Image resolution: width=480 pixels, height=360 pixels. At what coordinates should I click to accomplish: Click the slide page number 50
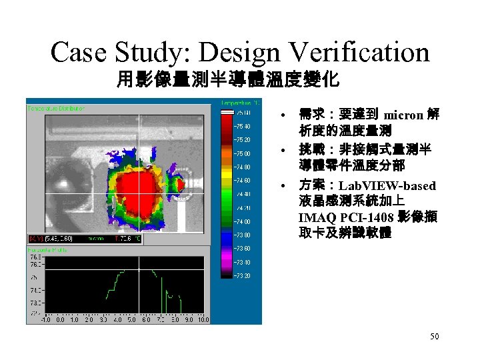click(x=434, y=337)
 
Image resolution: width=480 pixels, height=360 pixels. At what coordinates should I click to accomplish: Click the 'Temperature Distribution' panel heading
click(x=56, y=107)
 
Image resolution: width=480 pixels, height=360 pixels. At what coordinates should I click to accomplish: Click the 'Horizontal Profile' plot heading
click(x=47, y=249)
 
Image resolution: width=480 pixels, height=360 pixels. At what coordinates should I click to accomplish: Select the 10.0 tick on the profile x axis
click(x=203, y=320)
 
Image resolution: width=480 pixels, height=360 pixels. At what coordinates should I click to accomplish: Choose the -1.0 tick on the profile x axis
click(x=46, y=320)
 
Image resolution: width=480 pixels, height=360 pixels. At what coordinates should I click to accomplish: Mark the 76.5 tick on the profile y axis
click(x=33, y=255)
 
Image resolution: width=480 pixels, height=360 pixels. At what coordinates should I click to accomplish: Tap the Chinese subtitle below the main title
click(x=228, y=81)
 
